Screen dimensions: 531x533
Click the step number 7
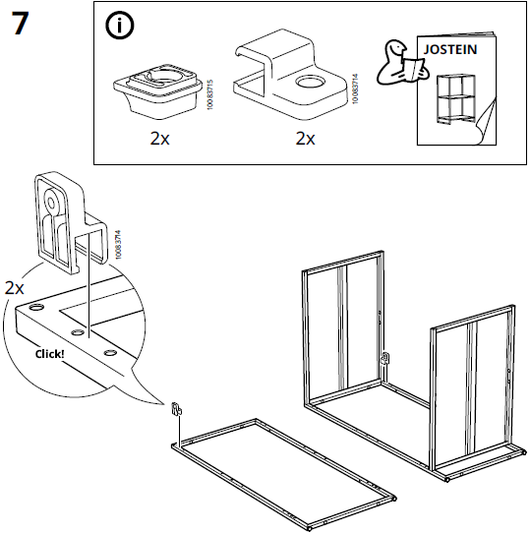(20, 24)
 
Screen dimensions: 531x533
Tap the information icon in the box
(119, 26)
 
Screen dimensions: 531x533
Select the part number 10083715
(209, 94)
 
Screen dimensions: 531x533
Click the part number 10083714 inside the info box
(355, 89)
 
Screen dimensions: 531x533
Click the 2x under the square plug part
(159, 138)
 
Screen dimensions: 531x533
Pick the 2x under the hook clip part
(305, 138)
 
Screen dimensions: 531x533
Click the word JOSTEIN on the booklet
(450, 49)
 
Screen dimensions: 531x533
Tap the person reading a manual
(400, 63)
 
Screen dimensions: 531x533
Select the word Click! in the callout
(49, 354)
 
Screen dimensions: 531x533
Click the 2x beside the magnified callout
(15, 288)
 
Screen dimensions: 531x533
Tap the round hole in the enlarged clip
(51, 204)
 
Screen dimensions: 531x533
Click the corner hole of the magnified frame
(36, 308)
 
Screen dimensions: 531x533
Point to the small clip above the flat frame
(176, 408)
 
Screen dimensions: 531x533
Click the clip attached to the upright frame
(385, 358)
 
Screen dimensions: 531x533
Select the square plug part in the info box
(157, 90)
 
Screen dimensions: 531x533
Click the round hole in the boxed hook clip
(310, 82)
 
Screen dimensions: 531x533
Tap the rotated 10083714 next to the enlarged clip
(118, 245)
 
